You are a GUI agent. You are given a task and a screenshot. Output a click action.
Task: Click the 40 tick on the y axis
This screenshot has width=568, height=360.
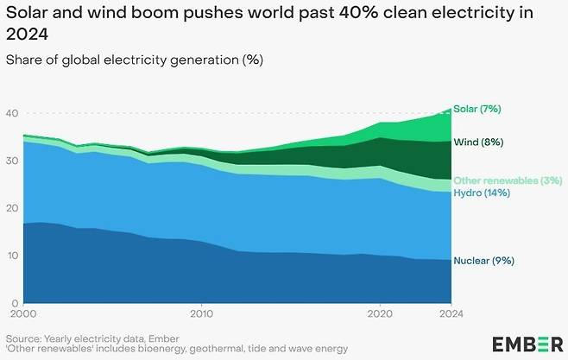[x=12, y=114]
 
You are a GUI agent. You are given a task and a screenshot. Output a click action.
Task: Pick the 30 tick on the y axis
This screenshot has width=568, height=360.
[x=12, y=161]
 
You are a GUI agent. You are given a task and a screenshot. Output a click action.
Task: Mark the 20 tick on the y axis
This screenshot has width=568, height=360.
[x=12, y=209]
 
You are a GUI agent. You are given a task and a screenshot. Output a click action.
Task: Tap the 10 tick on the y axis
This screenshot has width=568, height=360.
[x=12, y=256]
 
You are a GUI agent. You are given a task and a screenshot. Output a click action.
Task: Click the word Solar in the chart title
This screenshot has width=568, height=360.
[x=27, y=13]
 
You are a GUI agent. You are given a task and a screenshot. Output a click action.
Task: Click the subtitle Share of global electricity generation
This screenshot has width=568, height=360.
[x=135, y=60]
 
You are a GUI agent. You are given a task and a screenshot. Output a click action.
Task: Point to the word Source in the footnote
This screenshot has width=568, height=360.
[x=25, y=338]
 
